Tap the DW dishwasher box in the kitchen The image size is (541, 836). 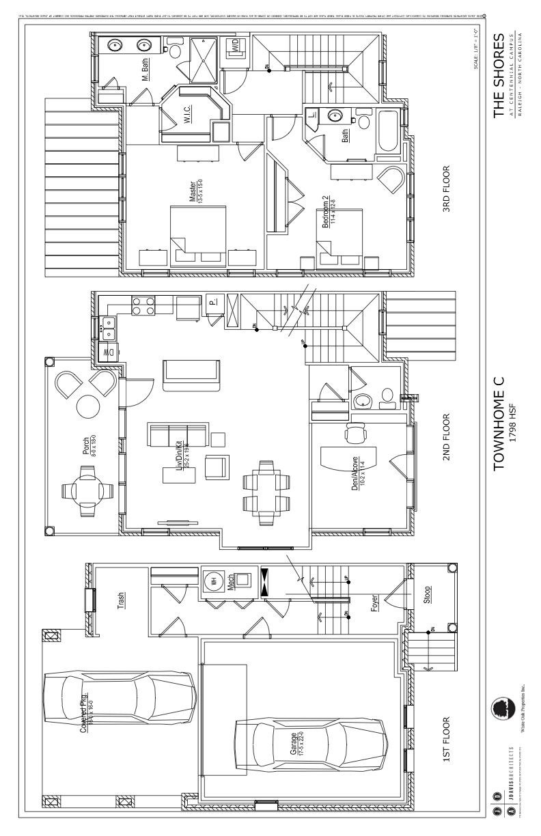[x=107, y=352]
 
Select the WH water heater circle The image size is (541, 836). [x=213, y=581]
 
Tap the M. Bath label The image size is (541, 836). [x=146, y=69]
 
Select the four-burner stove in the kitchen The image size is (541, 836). [x=142, y=305]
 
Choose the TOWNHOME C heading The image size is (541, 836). [x=499, y=423]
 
